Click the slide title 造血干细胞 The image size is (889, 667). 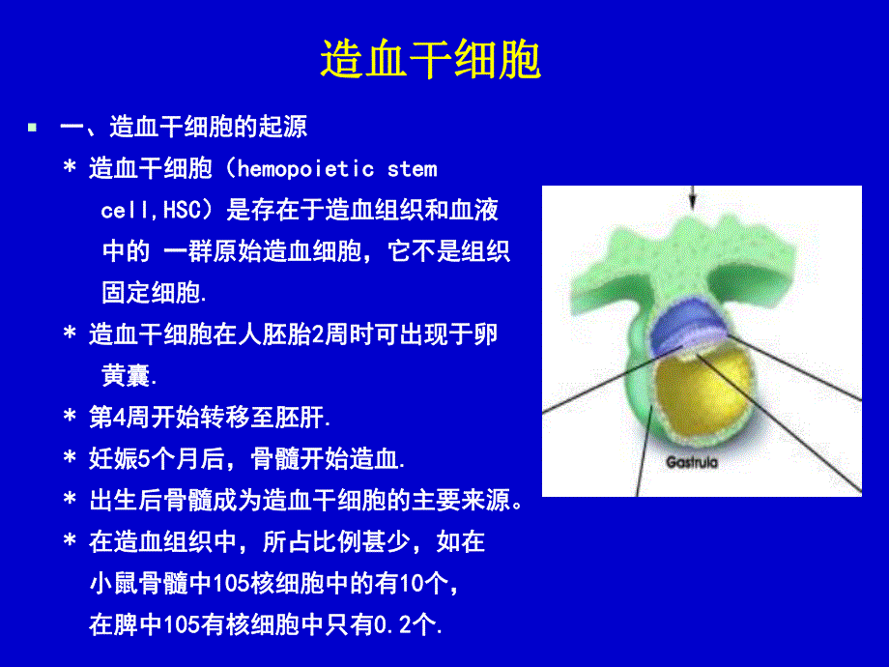click(x=430, y=61)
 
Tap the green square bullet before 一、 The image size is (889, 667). click(x=32, y=127)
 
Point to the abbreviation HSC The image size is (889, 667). click(x=181, y=211)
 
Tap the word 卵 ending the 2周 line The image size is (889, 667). click(x=486, y=335)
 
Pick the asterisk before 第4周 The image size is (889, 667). click(x=70, y=419)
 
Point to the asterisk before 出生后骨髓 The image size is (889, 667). click(x=70, y=502)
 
